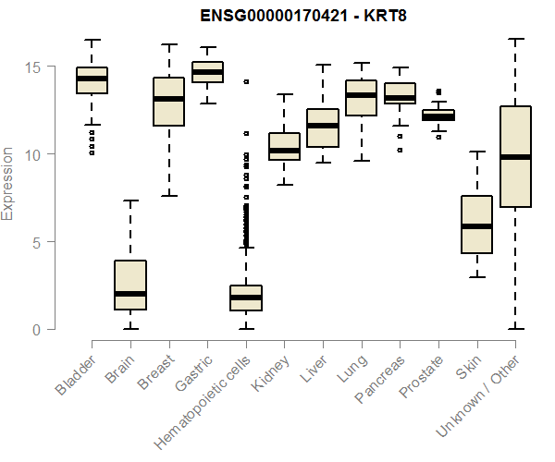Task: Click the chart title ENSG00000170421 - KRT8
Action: pos(303,16)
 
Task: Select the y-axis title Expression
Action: pos(6,184)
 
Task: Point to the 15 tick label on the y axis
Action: pos(32,67)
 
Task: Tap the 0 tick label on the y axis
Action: pos(36,330)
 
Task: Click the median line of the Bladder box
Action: pos(92,79)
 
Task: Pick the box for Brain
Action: pos(130,285)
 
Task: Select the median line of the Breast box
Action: pos(169,99)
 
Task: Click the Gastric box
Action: pos(207,72)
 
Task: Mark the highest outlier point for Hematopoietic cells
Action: pos(246,81)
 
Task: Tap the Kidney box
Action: pos(285,146)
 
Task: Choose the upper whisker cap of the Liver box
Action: pos(323,65)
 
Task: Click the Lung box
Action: pos(362,98)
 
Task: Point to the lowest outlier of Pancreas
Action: pos(400,151)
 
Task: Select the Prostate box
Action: pos(438,115)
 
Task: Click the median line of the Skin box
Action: pos(477,226)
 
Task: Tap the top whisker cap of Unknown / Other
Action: pos(516,39)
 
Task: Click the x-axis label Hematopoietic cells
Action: pos(203,402)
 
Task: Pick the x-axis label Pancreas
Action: pos(379,379)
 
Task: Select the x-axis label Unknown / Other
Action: pos(477,396)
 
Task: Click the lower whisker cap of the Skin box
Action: pos(477,277)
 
